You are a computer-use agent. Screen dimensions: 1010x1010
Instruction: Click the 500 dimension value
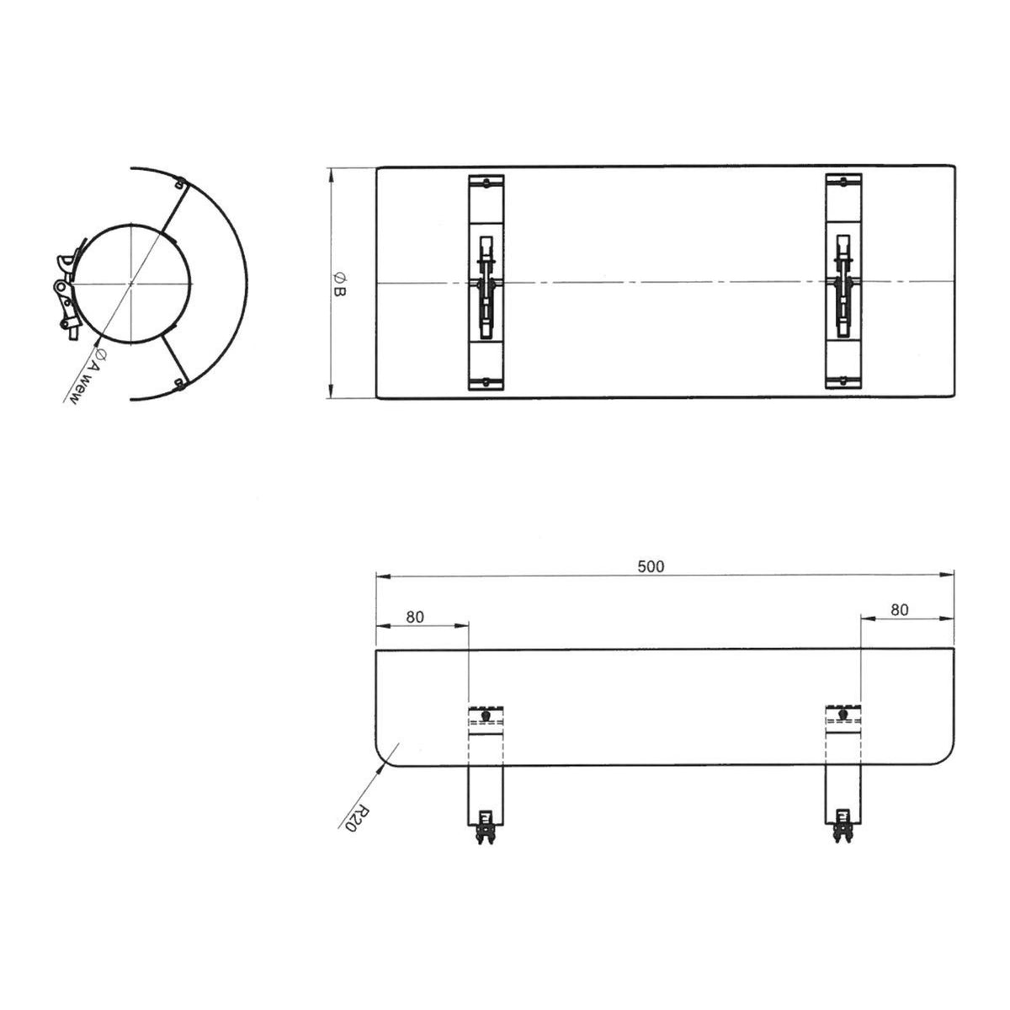[x=651, y=566]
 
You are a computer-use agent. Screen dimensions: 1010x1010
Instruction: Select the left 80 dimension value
[x=415, y=617]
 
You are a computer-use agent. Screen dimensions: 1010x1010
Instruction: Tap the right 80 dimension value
[x=900, y=609]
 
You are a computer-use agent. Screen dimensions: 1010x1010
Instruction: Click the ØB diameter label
[x=339, y=284]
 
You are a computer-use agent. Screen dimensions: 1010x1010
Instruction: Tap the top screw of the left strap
[x=487, y=183]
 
